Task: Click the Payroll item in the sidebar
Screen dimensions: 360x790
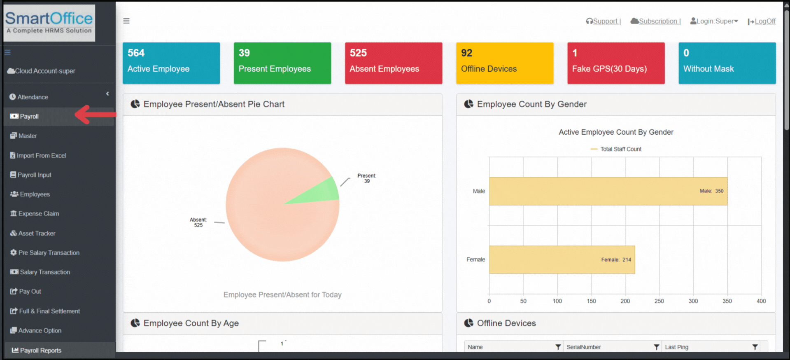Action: (x=29, y=117)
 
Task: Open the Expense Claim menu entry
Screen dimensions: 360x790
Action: (x=38, y=214)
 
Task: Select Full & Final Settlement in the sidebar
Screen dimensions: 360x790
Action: (x=49, y=311)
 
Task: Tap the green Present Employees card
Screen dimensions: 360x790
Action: (x=282, y=63)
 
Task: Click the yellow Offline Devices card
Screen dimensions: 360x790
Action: (x=504, y=63)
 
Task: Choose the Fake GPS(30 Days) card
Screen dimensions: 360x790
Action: (x=615, y=63)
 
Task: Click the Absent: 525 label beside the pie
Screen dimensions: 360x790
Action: (x=198, y=222)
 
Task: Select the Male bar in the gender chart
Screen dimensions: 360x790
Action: (x=608, y=191)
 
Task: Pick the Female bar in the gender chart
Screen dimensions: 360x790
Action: (x=562, y=259)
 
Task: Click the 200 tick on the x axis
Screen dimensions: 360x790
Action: (x=625, y=301)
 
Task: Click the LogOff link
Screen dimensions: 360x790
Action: (x=764, y=21)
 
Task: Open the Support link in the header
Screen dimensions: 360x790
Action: (x=605, y=21)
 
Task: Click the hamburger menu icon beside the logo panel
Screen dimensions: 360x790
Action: (x=126, y=21)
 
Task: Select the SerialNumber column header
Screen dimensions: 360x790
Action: (x=583, y=347)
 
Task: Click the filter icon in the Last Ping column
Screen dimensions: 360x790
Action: (x=755, y=347)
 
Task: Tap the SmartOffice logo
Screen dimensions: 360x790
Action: (x=49, y=23)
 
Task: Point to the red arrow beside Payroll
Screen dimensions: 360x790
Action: (x=95, y=115)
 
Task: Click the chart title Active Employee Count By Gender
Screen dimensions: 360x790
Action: (x=616, y=132)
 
